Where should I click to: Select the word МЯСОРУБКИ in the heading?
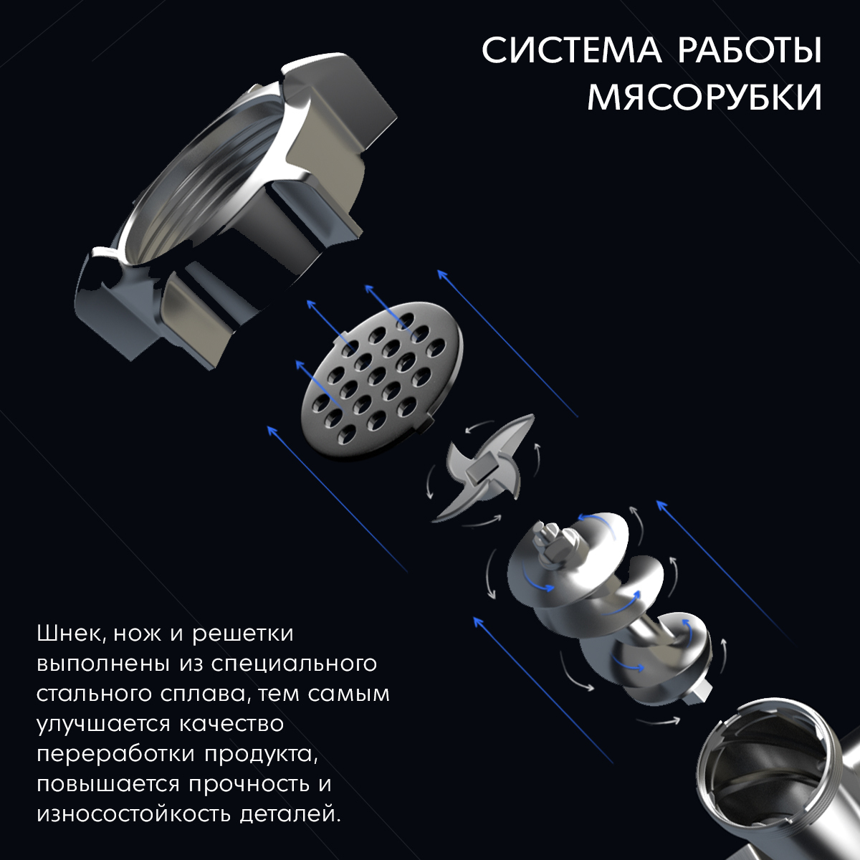click(704, 97)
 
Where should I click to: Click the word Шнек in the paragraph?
click(72, 634)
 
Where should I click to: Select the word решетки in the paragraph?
click(243, 635)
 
